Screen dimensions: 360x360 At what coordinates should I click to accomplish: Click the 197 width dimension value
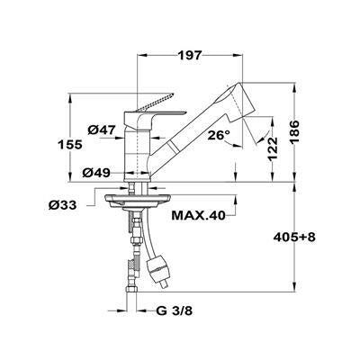[189, 56]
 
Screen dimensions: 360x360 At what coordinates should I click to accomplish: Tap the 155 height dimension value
[70, 145]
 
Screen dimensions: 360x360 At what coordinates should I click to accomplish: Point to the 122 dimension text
[273, 149]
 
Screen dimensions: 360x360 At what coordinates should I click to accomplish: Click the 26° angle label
[219, 135]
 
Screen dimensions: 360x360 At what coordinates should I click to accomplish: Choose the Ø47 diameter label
[102, 130]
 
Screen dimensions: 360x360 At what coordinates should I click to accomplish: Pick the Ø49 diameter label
[96, 173]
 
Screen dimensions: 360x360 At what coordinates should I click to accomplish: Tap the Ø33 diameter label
[62, 205]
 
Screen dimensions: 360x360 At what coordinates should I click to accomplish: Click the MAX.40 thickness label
[198, 215]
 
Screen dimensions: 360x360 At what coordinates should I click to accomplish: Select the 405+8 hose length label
[294, 238]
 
